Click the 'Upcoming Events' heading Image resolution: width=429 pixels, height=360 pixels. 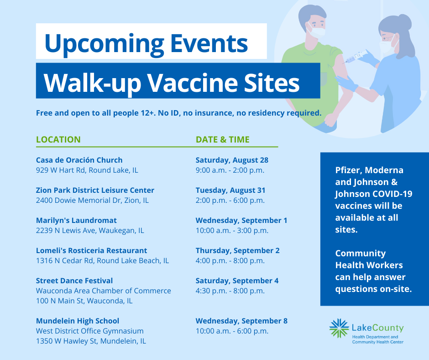point(146,43)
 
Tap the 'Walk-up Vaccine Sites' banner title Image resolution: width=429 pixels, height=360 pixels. point(172,82)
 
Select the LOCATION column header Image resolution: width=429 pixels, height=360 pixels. point(58,139)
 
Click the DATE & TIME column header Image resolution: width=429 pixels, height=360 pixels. point(223,139)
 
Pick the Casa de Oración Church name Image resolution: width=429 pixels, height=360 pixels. point(79,160)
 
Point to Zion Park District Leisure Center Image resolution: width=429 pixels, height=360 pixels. point(95,190)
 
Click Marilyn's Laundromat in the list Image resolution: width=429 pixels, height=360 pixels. point(76,220)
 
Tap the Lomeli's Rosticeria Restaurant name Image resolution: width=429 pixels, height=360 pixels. point(91,250)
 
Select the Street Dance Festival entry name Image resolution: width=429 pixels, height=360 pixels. point(74,281)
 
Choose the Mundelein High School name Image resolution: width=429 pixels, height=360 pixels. point(78,321)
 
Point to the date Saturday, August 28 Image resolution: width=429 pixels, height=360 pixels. point(232,160)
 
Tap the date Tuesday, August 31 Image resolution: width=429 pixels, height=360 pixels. point(230,190)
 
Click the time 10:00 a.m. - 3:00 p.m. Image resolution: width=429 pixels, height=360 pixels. point(232,231)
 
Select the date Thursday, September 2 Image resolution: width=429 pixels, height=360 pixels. point(237,250)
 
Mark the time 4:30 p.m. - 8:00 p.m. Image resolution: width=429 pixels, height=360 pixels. point(230,291)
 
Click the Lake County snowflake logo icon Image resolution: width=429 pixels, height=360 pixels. point(339,328)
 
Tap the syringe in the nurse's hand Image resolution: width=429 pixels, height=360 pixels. point(356,57)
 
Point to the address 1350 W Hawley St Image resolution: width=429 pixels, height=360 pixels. point(91,341)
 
